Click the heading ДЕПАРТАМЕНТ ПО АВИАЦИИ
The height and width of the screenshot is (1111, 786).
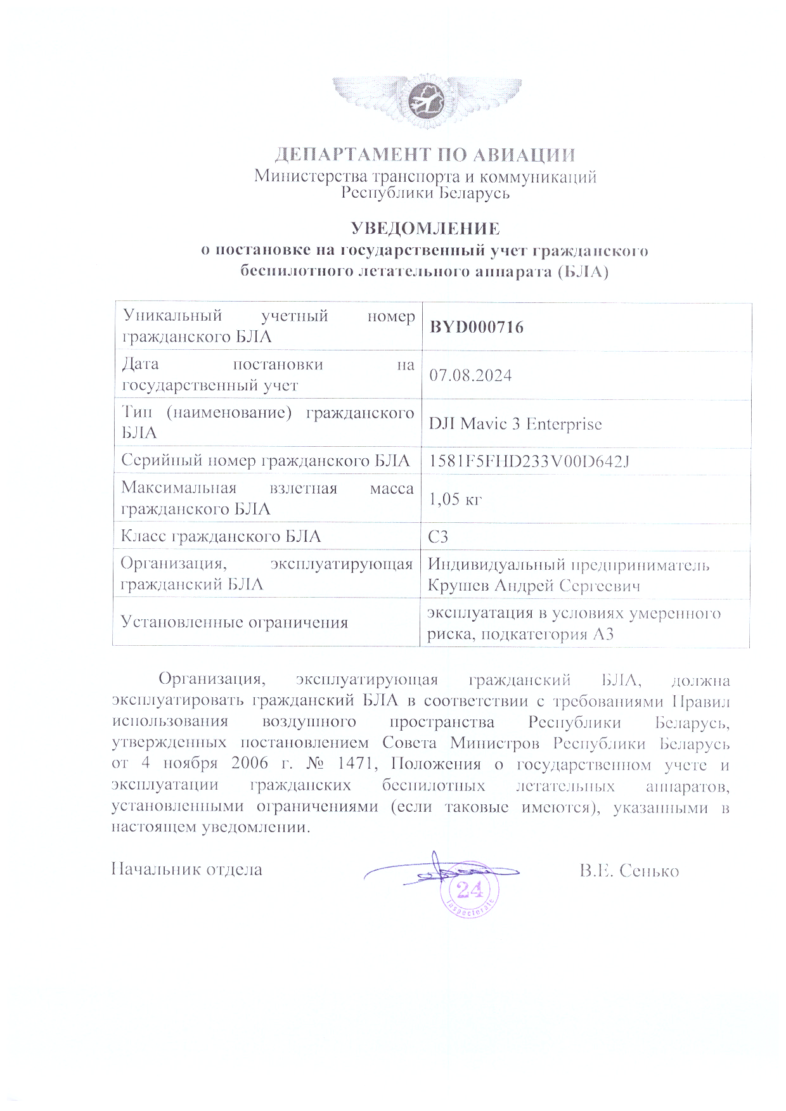click(425, 155)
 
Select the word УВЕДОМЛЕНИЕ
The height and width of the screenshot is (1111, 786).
click(425, 228)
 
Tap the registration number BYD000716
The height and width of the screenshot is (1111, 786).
click(477, 327)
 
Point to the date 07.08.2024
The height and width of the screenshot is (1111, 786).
click(470, 375)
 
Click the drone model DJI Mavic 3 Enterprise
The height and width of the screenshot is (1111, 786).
click(515, 424)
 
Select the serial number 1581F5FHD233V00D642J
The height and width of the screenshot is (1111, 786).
click(529, 461)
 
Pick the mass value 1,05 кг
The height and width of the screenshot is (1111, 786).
click(455, 499)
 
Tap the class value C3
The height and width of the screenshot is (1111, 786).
click(438, 537)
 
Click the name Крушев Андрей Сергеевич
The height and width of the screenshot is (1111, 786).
click(534, 586)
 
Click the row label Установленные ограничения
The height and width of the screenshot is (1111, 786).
click(235, 622)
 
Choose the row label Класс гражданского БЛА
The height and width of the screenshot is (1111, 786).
click(221, 537)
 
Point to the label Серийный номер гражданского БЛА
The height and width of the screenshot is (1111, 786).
click(265, 461)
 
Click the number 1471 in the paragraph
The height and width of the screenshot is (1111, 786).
click(355, 764)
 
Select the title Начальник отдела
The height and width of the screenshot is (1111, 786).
click(187, 869)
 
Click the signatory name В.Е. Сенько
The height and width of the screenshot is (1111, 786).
click(629, 871)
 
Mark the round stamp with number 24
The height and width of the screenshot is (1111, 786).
click(470, 890)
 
